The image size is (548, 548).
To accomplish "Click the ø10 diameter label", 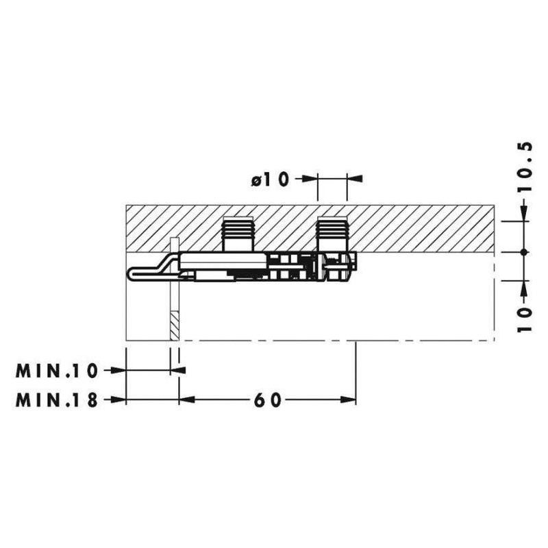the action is pos(271,179).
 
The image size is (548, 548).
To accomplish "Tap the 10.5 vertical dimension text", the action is pos(525,166).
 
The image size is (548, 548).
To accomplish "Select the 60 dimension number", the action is pos(267,400).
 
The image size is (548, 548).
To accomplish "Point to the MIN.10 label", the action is pos(56,371).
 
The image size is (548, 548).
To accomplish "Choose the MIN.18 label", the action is pos(56,400).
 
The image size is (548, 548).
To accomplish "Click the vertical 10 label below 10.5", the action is pos(525,320).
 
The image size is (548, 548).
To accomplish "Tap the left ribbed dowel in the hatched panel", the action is pos(238,234).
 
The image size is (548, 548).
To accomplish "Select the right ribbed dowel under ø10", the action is pos(332,234).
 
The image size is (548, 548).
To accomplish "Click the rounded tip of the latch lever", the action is pos(131,273).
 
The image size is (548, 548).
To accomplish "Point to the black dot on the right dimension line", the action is pos(523,252).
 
